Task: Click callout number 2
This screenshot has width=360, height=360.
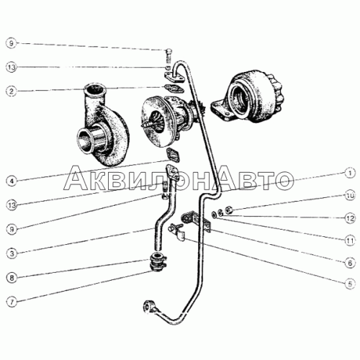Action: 12,91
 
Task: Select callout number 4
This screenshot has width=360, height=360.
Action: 12,181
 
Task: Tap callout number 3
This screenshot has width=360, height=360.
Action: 12,253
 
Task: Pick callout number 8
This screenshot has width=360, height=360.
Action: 12,278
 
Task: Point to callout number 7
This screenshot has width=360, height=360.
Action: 12,302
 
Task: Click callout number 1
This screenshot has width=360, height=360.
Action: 350,173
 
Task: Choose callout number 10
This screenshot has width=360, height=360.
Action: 350,196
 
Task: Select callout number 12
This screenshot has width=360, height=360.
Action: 350,218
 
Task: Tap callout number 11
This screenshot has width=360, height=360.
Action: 350,240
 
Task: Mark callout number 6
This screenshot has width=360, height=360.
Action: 350,263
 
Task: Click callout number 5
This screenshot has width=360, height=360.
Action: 350,284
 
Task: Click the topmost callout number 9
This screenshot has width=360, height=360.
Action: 12,43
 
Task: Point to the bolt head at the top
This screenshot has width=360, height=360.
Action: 168,51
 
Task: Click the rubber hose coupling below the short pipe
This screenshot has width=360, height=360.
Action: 156,262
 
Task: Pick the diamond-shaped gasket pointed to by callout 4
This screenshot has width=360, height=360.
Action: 174,154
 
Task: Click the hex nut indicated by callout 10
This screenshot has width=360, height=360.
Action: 228,210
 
